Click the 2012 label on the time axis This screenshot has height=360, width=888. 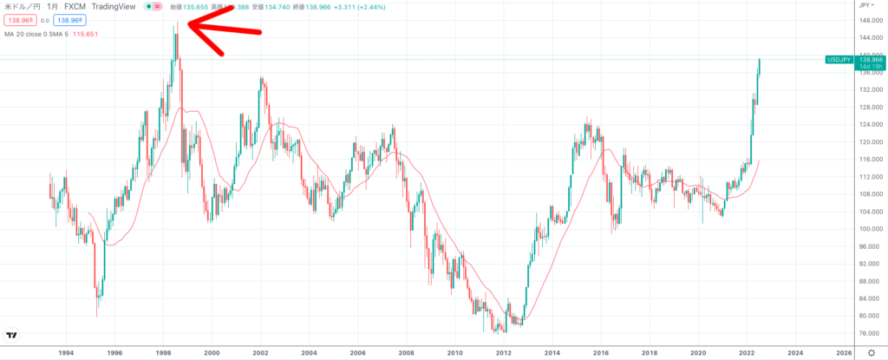click(503, 353)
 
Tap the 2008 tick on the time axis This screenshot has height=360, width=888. click(406, 353)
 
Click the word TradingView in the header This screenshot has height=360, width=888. click(117, 6)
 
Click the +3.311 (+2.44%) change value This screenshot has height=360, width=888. click(367, 6)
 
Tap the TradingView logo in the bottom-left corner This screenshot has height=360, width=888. click(13, 335)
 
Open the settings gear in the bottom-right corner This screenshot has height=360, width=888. click(871, 353)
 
